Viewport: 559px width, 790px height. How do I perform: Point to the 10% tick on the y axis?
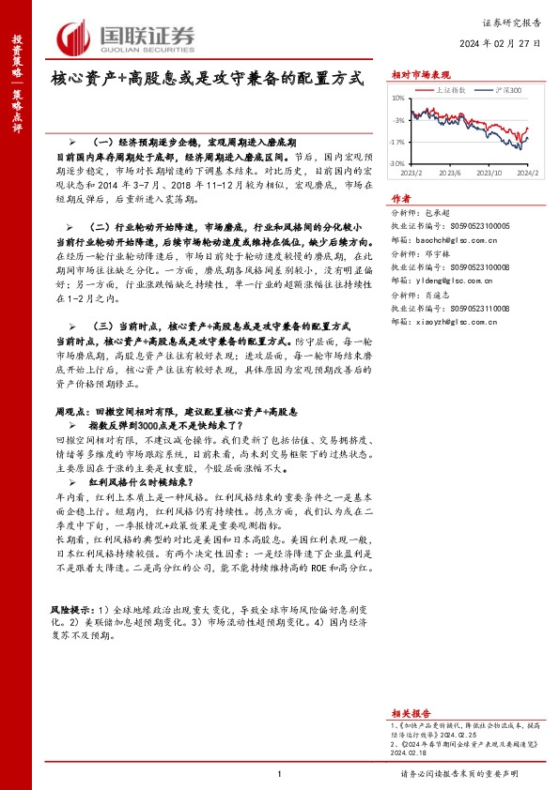click(397, 98)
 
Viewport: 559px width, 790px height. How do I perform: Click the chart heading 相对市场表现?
click(420, 73)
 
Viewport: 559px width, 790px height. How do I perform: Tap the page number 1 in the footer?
click(280, 774)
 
